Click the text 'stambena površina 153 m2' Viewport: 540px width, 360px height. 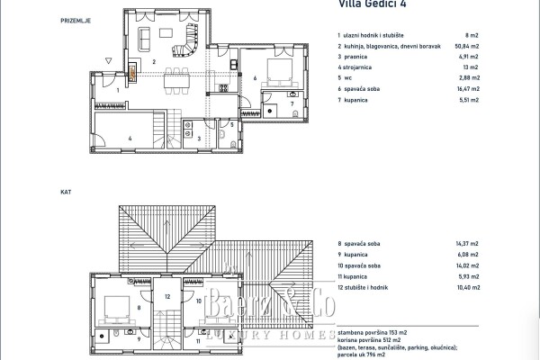[369, 321]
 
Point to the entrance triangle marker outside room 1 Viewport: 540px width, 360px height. [108, 58]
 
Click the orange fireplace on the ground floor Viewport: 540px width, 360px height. [132, 69]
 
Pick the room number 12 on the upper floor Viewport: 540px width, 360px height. [166, 296]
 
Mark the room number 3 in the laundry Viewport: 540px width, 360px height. [197, 140]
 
